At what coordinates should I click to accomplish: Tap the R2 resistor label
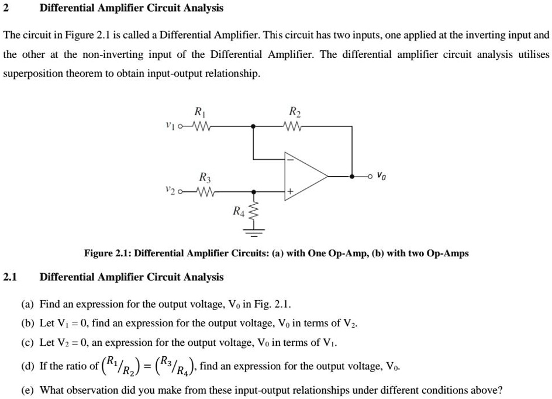tap(294, 112)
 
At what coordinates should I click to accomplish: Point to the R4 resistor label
tap(239, 211)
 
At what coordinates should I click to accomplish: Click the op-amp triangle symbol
tap(304, 175)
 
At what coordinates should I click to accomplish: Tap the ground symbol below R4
tap(253, 235)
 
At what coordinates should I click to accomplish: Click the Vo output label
tap(381, 174)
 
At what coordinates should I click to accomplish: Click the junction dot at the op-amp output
tap(352, 175)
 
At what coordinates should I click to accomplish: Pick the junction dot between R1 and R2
tap(253, 125)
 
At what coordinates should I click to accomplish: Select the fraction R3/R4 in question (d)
tap(177, 366)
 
